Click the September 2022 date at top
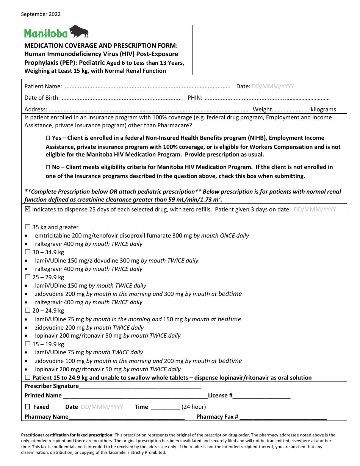(41, 14)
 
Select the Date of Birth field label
(42, 98)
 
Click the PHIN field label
(195, 98)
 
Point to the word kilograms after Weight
(323, 109)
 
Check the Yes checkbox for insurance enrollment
(48, 138)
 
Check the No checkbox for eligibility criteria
(48, 167)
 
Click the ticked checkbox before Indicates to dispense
(27, 209)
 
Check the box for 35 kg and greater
(27, 227)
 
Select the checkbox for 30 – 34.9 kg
(27, 252)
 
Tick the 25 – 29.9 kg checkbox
(27, 277)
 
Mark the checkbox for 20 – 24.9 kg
(27, 311)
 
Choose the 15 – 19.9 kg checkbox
(27, 344)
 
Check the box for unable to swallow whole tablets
(27, 378)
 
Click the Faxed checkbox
(27, 407)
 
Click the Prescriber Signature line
(140, 387)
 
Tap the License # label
(220, 396)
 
